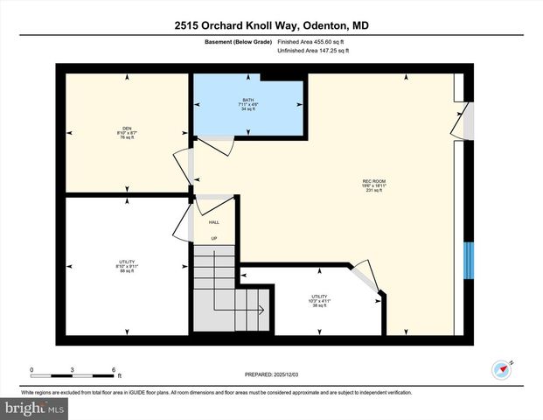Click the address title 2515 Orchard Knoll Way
(x=270, y=25)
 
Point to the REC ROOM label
(x=374, y=186)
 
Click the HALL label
(x=213, y=222)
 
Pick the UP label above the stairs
(x=213, y=239)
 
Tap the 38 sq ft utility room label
(x=318, y=301)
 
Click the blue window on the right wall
(x=468, y=258)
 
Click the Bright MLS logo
(x=32, y=408)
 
